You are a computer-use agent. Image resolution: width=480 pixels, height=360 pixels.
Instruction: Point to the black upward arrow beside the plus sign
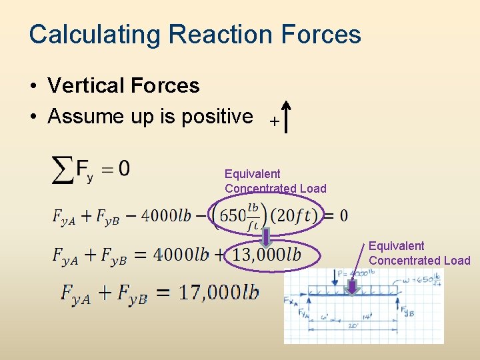click(286, 118)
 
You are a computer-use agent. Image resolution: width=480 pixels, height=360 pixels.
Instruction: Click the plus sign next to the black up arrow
click(273, 122)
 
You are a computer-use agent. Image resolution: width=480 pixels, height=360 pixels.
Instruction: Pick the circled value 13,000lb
click(267, 255)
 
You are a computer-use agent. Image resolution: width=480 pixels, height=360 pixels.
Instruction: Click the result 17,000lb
click(219, 293)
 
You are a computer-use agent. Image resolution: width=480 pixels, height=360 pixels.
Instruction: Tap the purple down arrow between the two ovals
click(266, 237)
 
